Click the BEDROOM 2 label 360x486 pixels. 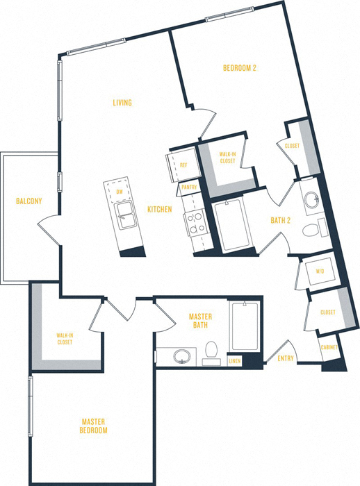pyautogui.click(x=240, y=68)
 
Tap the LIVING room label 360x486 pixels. pyautogui.click(x=123, y=103)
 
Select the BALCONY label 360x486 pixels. pyautogui.click(x=29, y=202)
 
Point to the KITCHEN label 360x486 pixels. pyautogui.click(x=159, y=209)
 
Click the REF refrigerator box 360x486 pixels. pyautogui.click(x=182, y=165)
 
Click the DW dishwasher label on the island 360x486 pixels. pyautogui.click(x=120, y=192)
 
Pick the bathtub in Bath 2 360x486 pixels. pyautogui.click(x=231, y=226)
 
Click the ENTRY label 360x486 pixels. pyautogui.click(x=286, y=359)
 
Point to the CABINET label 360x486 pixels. pyautogui.click(x=329, y=347)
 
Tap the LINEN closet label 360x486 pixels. pyautogui.click(x=235, y=360)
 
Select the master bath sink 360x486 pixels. pyautogui.click(x=182, y=357)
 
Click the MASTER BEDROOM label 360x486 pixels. pyautogui.click(x=93, y=426)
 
